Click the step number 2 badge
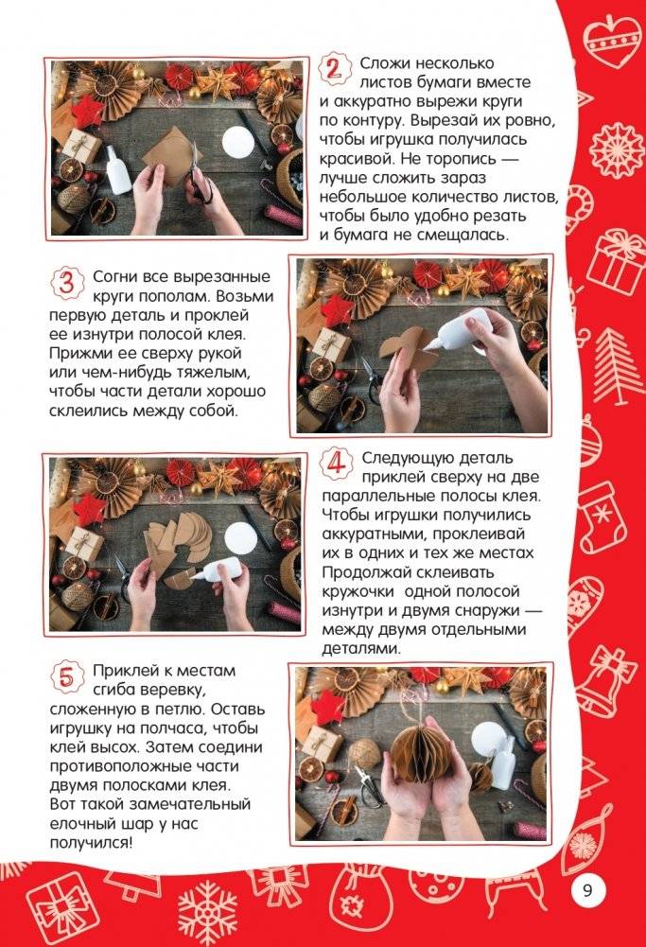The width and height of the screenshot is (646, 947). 332,69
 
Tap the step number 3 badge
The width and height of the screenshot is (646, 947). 66,283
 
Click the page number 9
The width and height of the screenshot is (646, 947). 587,890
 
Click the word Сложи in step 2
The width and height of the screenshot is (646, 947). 382,63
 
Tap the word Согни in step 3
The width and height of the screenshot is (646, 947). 114,276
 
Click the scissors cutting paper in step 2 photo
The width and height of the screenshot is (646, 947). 199,176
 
